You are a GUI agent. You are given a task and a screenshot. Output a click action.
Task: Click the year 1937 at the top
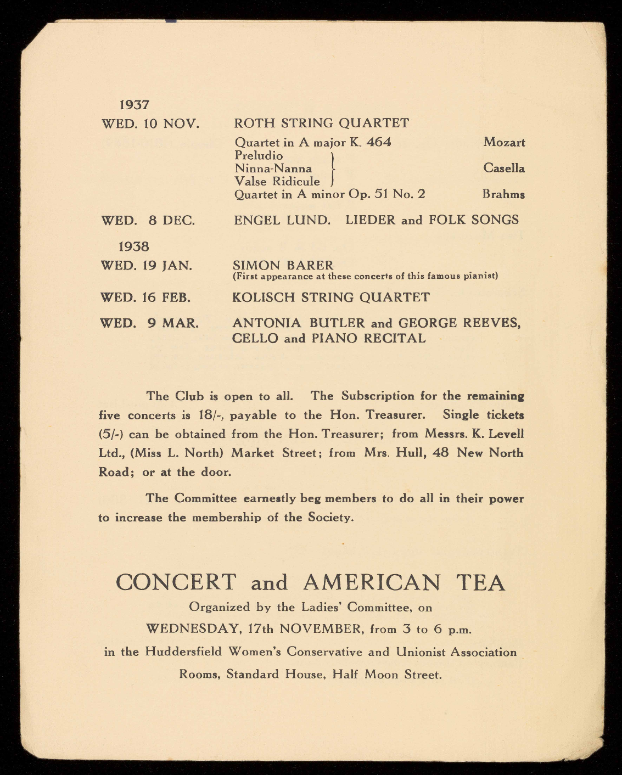[x=135, y=104]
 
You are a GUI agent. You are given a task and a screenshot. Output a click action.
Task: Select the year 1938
[x=135, y=246]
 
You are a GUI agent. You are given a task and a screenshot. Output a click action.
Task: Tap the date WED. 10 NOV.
[x=150, y=123]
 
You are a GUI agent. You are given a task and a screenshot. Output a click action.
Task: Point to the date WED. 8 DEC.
[x=148, y=221]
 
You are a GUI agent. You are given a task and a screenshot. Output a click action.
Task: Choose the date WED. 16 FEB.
[x=145, y=297]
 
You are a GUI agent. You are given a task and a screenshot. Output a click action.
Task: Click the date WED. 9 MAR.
[x=149, y=323]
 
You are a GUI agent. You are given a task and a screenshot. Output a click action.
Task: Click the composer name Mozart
[x=504, y=142]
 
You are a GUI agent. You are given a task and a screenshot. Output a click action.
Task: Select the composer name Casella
[x=504, y=168]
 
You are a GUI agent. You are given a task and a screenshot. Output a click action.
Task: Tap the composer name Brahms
[x=503, y=194]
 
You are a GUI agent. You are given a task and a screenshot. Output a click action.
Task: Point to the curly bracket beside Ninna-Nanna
[x=333, y=169]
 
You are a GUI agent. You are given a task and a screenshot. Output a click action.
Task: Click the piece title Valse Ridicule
[x=277, y=181]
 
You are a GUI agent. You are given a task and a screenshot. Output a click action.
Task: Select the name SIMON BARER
[x=283, y=266]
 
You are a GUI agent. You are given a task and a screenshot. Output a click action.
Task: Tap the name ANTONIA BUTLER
[x=298, y=323]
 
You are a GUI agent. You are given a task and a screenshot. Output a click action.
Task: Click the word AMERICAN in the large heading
[x=371, y=582]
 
